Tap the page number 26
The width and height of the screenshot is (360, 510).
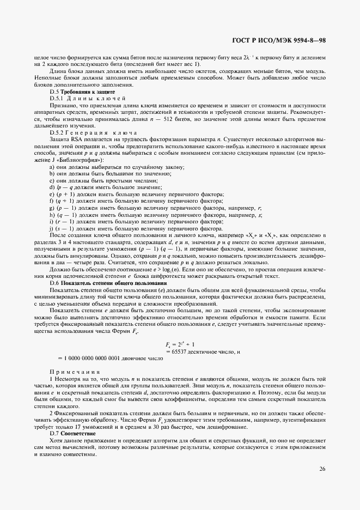coord(322,467)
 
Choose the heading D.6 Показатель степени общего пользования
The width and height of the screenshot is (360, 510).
coord(108,283)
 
